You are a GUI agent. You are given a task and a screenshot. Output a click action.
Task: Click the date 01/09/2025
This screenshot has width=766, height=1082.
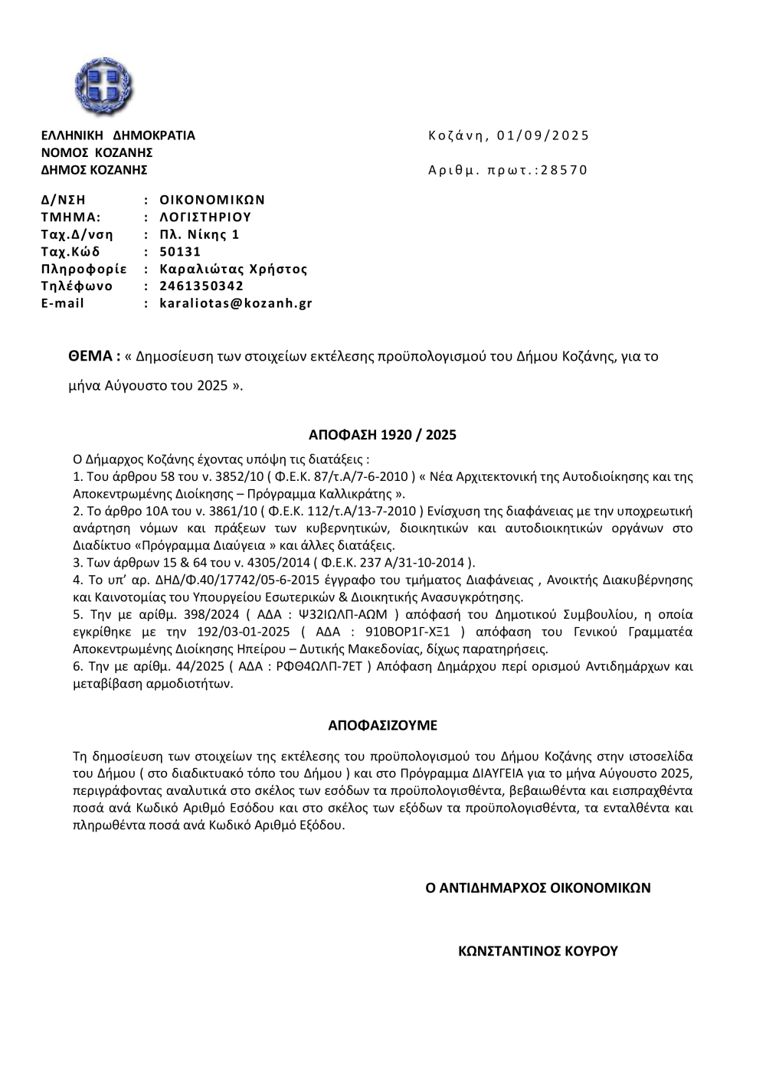543,136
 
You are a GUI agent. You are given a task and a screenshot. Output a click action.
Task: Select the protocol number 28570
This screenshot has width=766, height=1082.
564,170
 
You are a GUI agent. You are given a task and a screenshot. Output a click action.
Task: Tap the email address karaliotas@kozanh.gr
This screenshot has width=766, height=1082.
236,303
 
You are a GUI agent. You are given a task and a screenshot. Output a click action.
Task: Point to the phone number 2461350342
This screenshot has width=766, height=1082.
201,286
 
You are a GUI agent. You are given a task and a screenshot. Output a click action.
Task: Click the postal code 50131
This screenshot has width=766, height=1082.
180,252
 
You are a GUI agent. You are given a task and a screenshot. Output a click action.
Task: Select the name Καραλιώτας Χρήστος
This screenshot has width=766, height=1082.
233,269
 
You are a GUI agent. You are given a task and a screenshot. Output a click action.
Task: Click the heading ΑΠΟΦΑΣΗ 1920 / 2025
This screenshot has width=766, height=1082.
382,436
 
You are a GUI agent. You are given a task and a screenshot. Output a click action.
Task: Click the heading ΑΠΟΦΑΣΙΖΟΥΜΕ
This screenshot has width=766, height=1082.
382,724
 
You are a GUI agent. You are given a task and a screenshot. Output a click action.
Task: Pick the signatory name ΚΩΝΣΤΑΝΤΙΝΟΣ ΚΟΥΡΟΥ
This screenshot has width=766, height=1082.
537,952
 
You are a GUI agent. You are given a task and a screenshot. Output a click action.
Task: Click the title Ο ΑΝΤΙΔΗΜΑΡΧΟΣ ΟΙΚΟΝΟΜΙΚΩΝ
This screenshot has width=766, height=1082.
538,888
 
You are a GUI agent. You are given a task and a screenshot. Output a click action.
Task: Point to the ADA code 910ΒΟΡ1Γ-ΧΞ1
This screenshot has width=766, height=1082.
411,633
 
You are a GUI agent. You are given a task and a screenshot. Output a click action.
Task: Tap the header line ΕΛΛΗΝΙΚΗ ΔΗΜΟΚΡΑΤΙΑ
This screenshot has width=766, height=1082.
118,136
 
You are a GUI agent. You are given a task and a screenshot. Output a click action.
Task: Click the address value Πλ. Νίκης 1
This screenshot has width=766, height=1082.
199,234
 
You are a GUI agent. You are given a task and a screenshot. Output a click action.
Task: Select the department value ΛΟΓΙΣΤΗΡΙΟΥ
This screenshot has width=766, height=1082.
205,217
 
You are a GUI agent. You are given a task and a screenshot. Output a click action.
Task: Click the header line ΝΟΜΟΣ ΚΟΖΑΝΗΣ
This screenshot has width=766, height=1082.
97,153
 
